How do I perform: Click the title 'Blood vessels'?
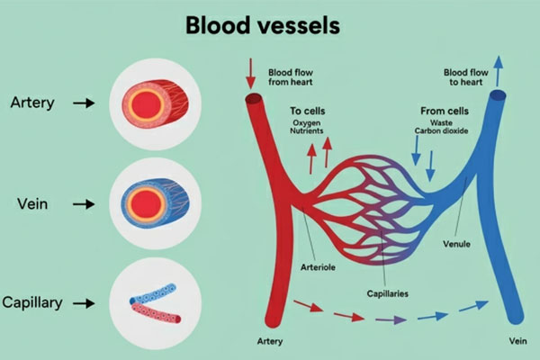point(262,24)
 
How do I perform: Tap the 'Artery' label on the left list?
point(33,103)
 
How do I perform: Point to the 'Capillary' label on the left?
point(32,302)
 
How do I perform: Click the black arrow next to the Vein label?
point(84,204)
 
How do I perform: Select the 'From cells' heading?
point(442,111)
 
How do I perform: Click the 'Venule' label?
point(458,243)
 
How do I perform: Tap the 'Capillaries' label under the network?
point(387,292)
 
